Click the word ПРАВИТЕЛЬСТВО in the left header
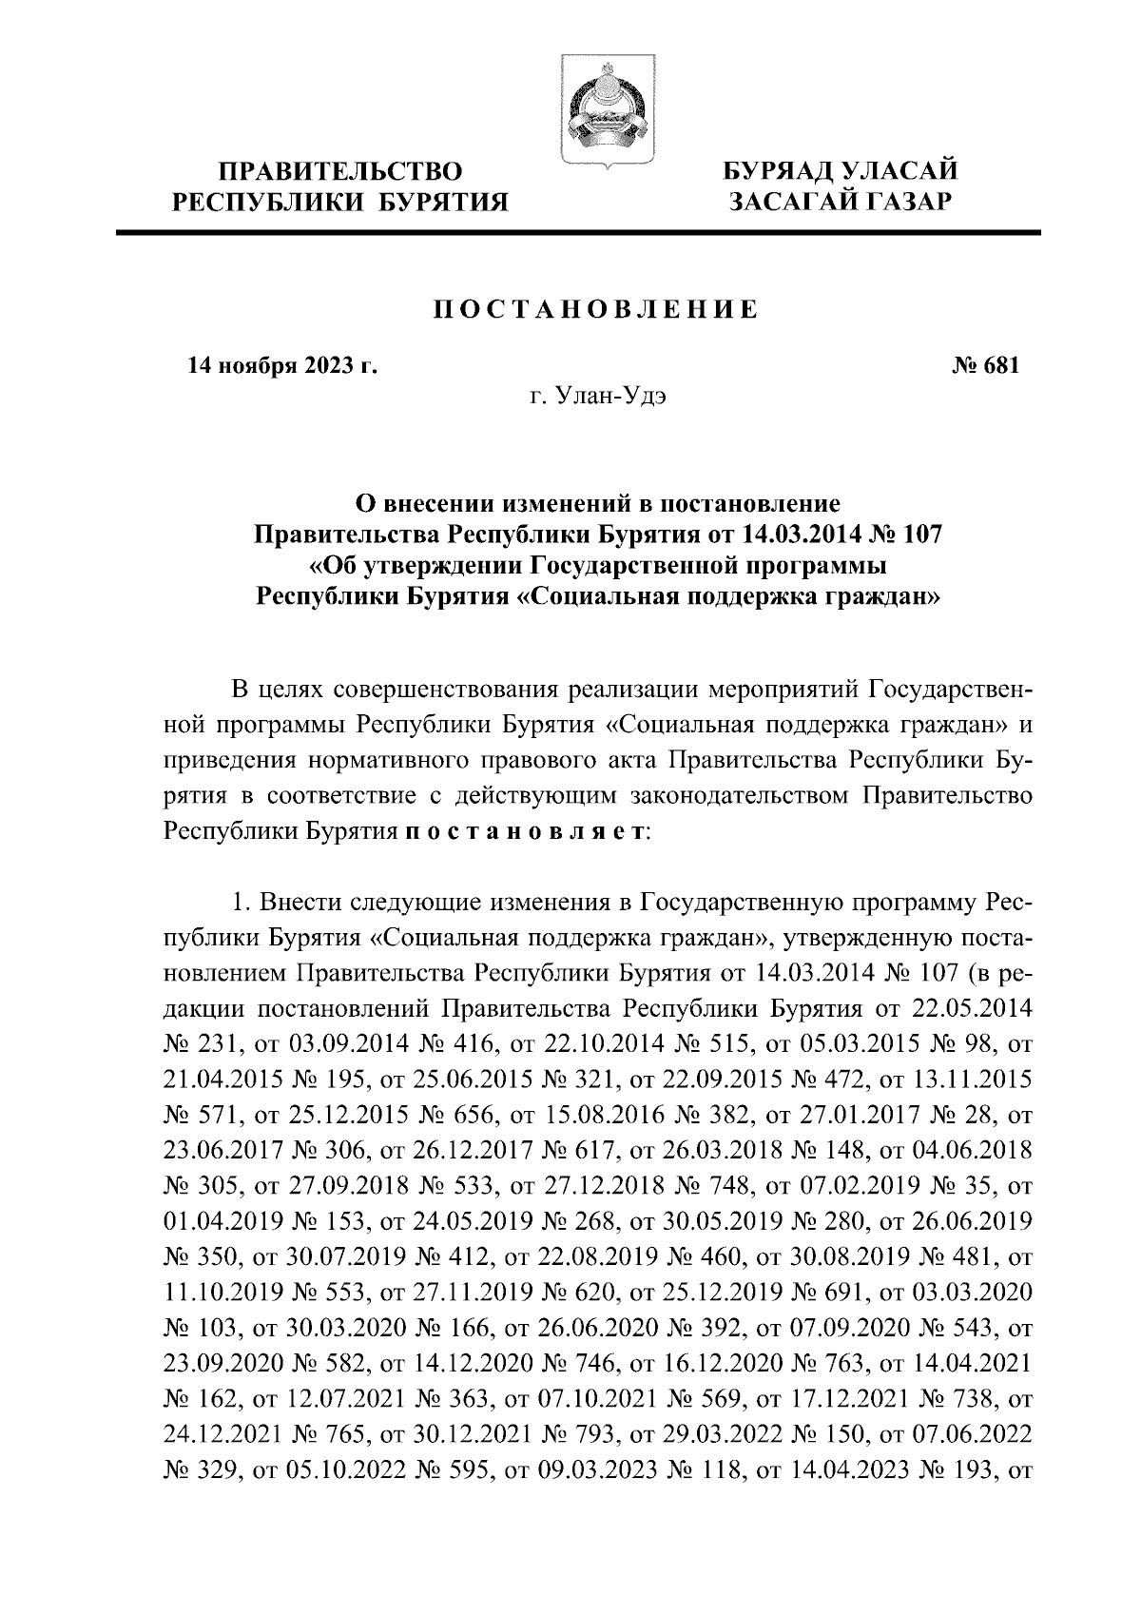click(340, 171)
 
